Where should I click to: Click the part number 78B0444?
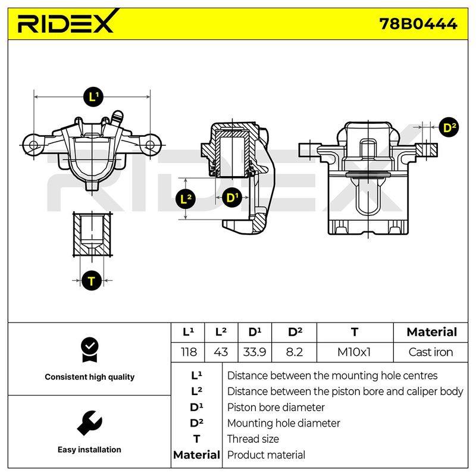(418, 24)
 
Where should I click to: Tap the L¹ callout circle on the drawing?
(93, 97)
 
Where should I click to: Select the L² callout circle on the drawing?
(186, 199)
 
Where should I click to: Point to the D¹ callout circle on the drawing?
(232, 198)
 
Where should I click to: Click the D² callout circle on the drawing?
(449, 127)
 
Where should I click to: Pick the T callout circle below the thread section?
(92, 281)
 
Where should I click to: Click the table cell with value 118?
(189, 352)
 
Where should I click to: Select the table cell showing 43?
(221, 352)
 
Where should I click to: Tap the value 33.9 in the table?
(255, 352)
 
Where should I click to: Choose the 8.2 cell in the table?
(294, 352)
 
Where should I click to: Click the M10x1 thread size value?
(354, 352)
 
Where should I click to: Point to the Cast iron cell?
(431, 352)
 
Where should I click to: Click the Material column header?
(431, 332)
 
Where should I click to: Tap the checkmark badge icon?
(90, 350)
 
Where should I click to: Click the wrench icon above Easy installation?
(90, 423)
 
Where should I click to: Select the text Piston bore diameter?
(275, 407)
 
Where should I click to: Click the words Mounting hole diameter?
(284, 423)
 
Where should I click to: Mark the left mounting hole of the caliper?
(33, 145)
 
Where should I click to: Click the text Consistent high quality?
(90, 377)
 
